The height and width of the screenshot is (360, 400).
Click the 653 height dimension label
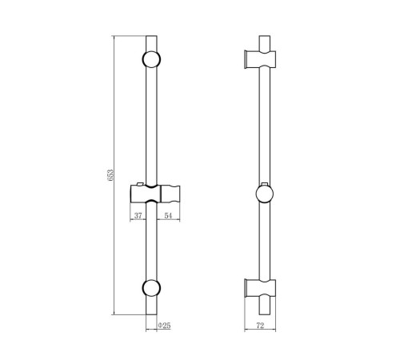pyautogui.click(x=110, y=175)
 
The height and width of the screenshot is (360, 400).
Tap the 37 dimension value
pyautogui.click(x=138, y=215)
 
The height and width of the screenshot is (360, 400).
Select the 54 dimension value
pyautogui.click(x=168, y=215)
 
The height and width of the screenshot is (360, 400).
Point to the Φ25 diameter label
pyautogui.click(x=164, y=326)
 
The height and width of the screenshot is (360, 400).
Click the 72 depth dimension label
pyautogui.click(x=260, y=326)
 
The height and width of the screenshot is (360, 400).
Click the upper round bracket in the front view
pyautogui.click(x=151, y=59)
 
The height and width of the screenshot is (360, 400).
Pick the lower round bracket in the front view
pyautogui.click(x=151, y=288)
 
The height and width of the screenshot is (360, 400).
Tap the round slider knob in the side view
pyautogui.click(x=265, y=194)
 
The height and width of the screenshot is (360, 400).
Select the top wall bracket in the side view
pyautogui.click(x=260, y=59)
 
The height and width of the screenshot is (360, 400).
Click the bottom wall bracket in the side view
pyautogui.click(x=260, y=288)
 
